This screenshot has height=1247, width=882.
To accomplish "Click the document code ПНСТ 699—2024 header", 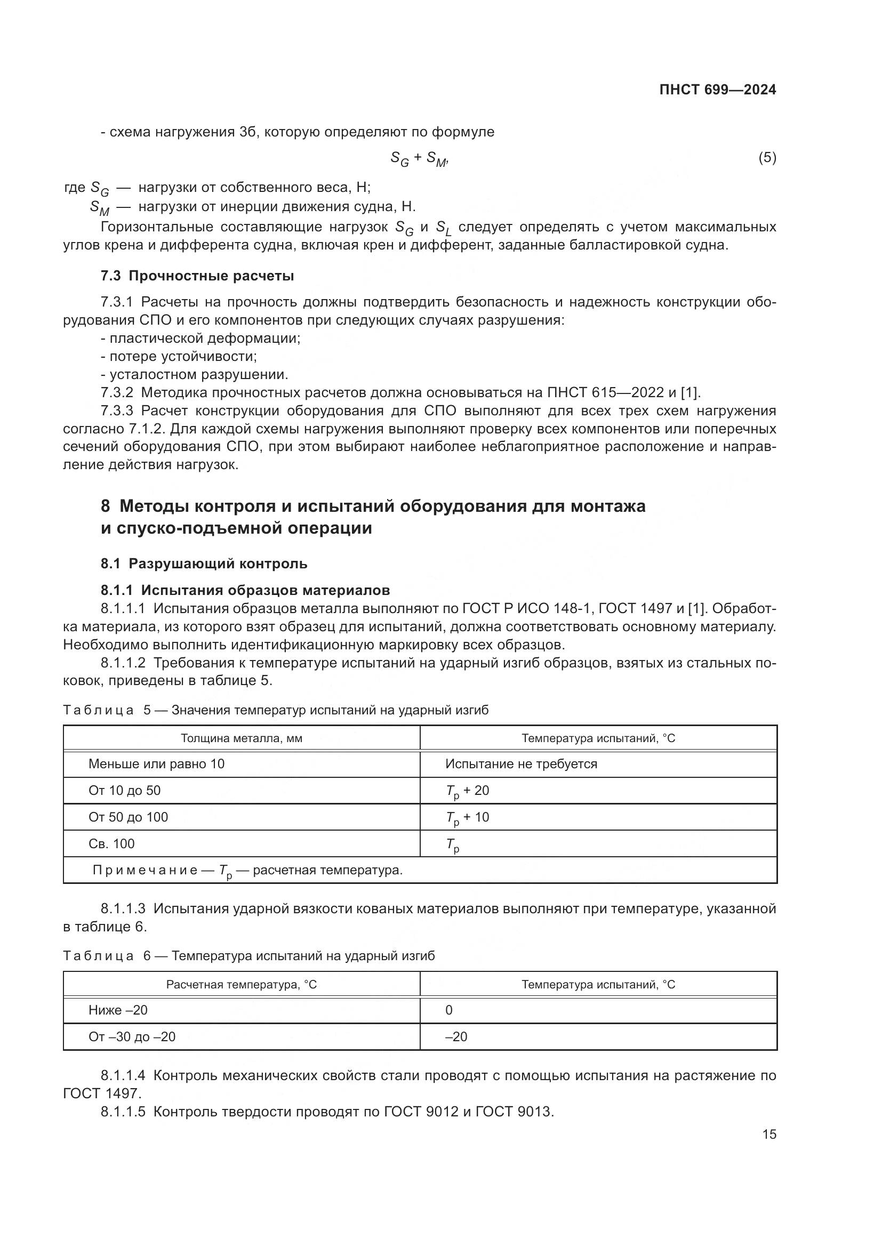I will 717,90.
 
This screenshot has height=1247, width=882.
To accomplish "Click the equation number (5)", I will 767,157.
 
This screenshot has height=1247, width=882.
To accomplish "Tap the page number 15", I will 769,1134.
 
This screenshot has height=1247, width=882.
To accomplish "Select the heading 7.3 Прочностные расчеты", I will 197,276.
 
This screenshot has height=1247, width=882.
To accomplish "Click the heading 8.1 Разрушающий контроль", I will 204,564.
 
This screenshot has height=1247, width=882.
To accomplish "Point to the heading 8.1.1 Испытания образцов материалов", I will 245,590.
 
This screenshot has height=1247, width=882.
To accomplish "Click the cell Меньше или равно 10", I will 156,764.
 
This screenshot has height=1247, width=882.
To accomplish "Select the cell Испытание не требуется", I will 521,764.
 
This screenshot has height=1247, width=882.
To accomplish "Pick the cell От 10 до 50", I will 124,791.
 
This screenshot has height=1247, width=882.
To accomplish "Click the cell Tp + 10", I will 467,817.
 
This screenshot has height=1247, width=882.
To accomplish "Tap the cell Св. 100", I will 111,844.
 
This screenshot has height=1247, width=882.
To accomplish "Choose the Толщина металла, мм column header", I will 241,738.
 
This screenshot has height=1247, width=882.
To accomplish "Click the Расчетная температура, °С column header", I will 241,985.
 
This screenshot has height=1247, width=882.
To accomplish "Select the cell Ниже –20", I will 118,1010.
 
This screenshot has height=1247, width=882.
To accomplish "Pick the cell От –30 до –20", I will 132,1037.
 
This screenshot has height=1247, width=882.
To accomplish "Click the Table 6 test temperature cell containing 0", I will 448,1010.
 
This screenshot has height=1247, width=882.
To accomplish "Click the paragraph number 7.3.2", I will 117,393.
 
